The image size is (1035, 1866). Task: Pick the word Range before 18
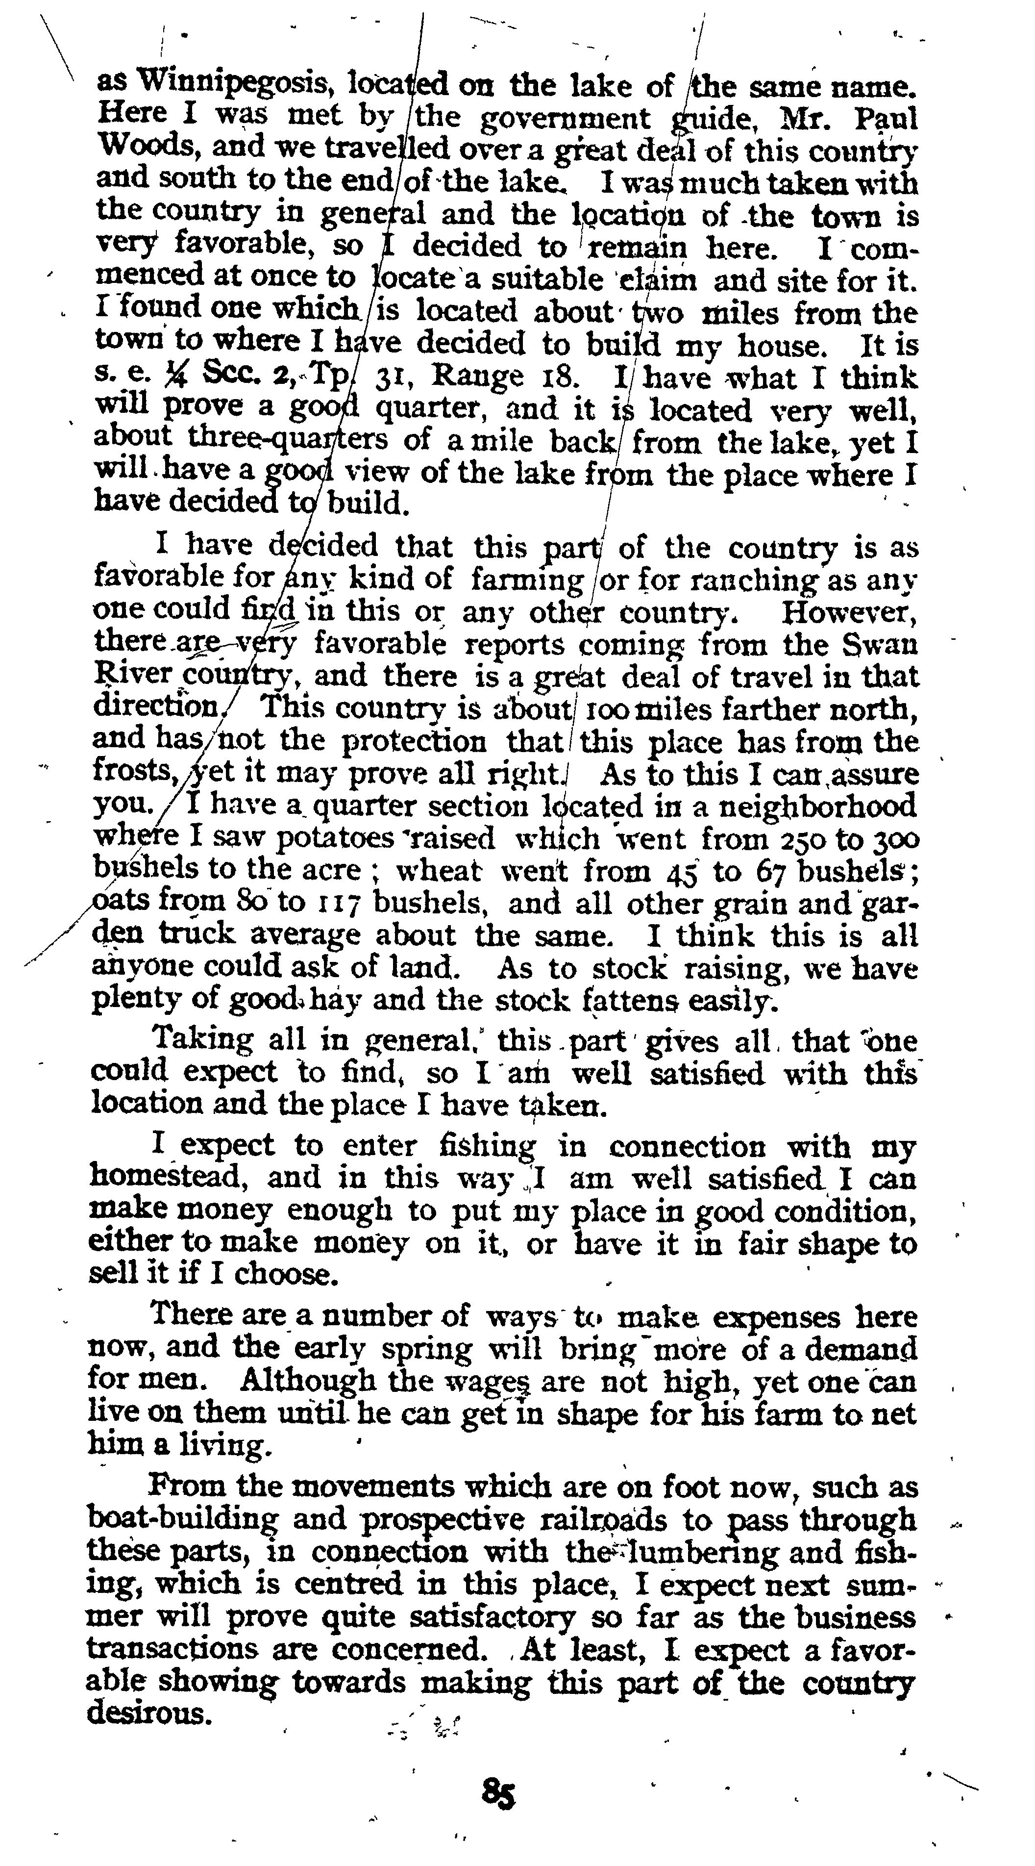(477, 377)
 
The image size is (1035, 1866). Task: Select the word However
(850, 613)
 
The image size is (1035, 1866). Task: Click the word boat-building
(182, 1520)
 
